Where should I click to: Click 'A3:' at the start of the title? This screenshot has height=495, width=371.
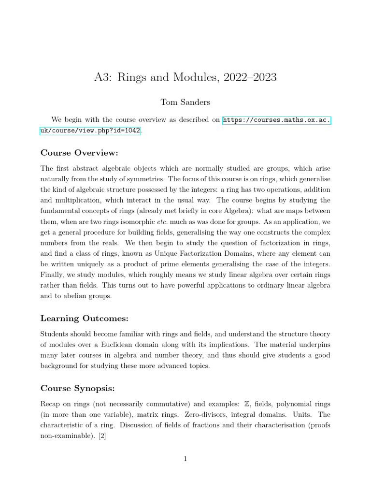[103, 77]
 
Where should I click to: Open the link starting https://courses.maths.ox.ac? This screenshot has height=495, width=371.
[277, 120]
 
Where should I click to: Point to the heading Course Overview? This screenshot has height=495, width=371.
[79, 153]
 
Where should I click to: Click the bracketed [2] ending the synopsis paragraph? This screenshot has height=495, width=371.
[102, 436]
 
